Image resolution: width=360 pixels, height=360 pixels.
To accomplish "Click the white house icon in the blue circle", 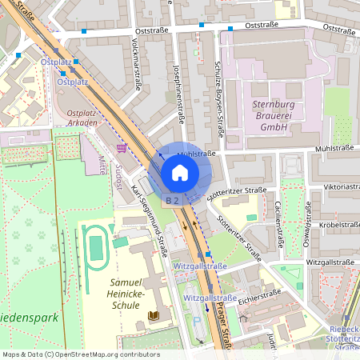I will click(x=180, y=173).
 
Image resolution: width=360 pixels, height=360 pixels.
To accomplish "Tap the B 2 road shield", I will click(x=171, y=199).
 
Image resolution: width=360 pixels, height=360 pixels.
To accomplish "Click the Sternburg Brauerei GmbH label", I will click(x=262, y=115).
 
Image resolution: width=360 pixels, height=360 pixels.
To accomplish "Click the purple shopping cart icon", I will click(x=120, y=147).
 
